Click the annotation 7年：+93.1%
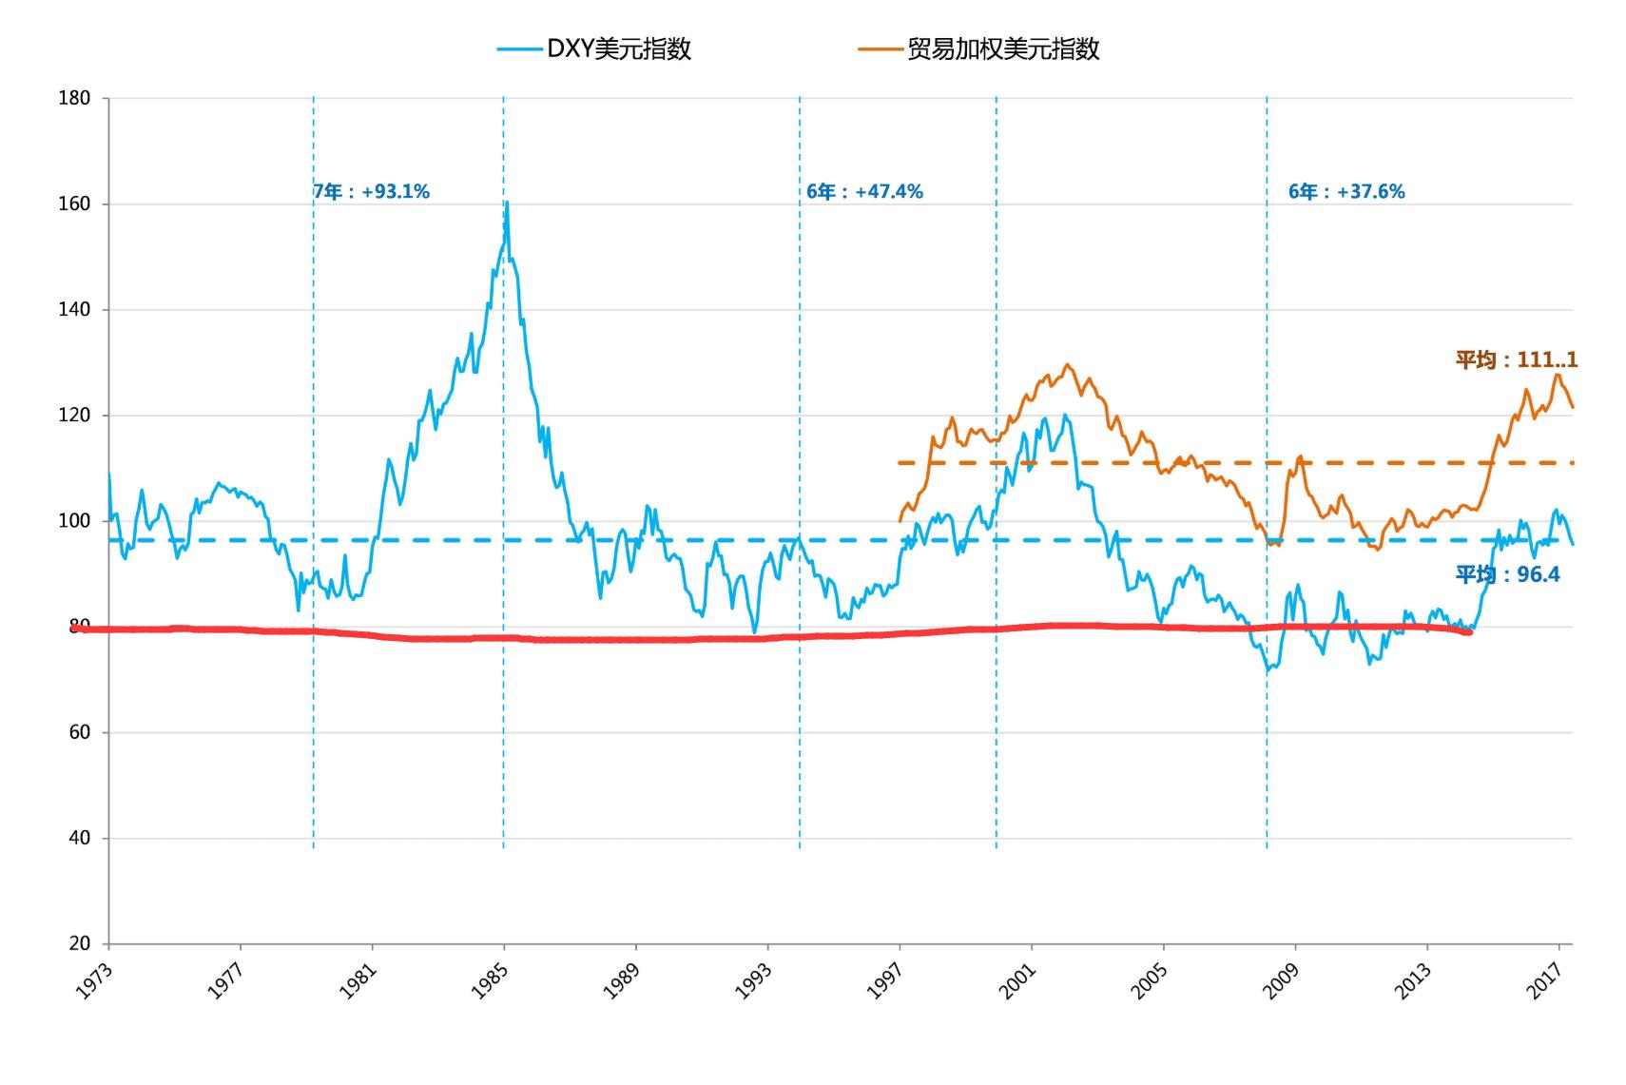372,192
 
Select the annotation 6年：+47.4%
864,192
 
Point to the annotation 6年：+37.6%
1346,192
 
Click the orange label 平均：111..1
1516,359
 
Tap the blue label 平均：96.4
1507,574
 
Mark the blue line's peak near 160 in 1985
507,203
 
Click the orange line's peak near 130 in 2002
1067,364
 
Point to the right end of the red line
1469,631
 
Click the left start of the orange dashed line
900,463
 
